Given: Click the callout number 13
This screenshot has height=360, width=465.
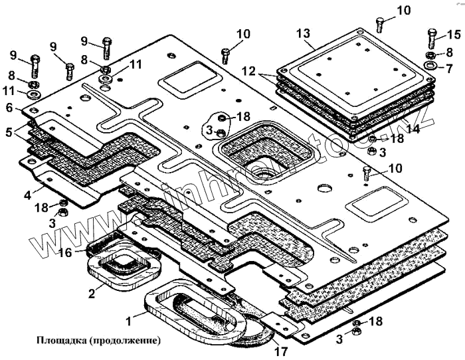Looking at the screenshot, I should [303, 33].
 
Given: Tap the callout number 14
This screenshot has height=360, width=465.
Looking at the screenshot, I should [413, 130].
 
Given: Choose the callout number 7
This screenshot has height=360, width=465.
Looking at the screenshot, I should [449, 68].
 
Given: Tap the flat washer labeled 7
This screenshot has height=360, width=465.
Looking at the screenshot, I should [430, 66].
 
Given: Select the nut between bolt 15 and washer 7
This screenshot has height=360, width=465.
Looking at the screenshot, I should [430, 54].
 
